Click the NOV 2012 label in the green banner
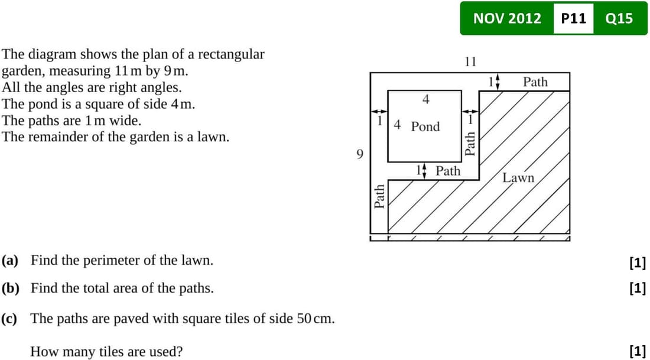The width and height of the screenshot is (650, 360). (507, 19)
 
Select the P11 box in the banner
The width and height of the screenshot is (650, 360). (574, 19)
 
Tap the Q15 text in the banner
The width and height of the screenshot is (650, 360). (619, 19)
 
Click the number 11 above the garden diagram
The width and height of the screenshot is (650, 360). (470, 62)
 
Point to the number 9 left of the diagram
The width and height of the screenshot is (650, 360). (360, 155)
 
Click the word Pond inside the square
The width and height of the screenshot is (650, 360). (425, 126)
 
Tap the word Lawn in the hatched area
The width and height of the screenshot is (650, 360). (519, 178)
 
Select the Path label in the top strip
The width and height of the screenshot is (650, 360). (535, 82)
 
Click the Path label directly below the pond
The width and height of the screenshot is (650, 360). (448, 171)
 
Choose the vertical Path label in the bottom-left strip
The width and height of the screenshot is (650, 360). (379, 196)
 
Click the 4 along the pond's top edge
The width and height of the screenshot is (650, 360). (425, 99)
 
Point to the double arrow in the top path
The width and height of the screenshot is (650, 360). (498, 82)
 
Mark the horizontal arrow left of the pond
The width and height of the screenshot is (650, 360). (379, 111)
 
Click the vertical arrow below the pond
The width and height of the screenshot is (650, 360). (424, 171)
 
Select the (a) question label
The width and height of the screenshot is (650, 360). (10, 261)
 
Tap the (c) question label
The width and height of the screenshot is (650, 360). (9, 319)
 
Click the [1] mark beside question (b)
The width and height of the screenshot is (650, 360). (638, 287)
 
